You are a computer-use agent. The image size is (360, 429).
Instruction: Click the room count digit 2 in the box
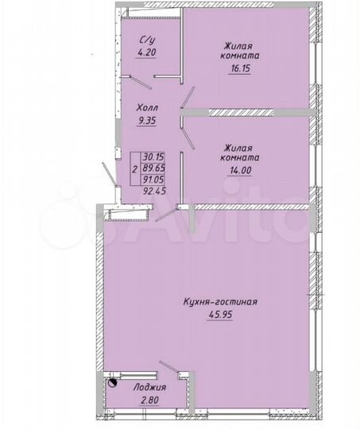click(x=134, y=169)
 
